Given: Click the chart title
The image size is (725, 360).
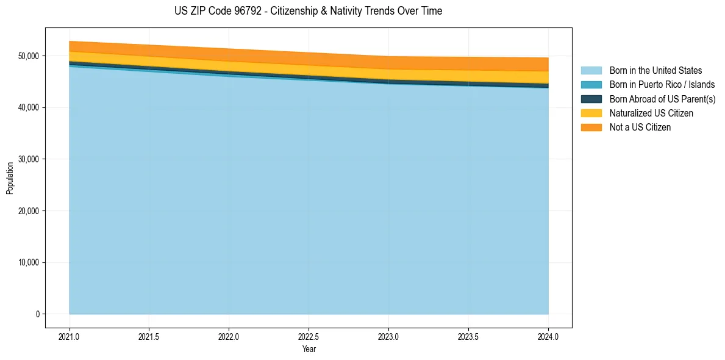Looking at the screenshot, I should coord(308,11).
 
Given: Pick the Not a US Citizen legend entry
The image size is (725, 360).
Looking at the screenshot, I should coord(640,128).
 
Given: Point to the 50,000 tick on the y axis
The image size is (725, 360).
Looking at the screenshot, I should coord(29,56).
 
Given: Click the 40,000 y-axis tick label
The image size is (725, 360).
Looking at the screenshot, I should coord(29,107).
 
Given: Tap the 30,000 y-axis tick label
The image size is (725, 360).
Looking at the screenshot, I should coord(29,159).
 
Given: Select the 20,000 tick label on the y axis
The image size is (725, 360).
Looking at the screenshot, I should coord(29,211).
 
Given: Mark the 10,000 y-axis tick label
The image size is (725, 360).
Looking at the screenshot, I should coord(29,263).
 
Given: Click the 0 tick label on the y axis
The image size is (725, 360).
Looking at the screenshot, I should coord(38,314).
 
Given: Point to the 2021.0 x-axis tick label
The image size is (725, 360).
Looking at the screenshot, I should coord(70,336).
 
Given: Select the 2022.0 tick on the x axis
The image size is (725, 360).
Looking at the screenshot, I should coord(229,336).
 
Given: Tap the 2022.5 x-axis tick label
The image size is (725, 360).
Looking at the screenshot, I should coord(309,336).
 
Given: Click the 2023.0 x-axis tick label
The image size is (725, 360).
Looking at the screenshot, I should coord(388,336).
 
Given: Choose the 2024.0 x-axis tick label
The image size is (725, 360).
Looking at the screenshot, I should coord(548,336).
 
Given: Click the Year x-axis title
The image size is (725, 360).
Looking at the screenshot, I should coord(309,349).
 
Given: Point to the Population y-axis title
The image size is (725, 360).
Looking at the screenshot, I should coord(10,178).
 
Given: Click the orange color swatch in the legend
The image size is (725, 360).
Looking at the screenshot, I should coord(591,128).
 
